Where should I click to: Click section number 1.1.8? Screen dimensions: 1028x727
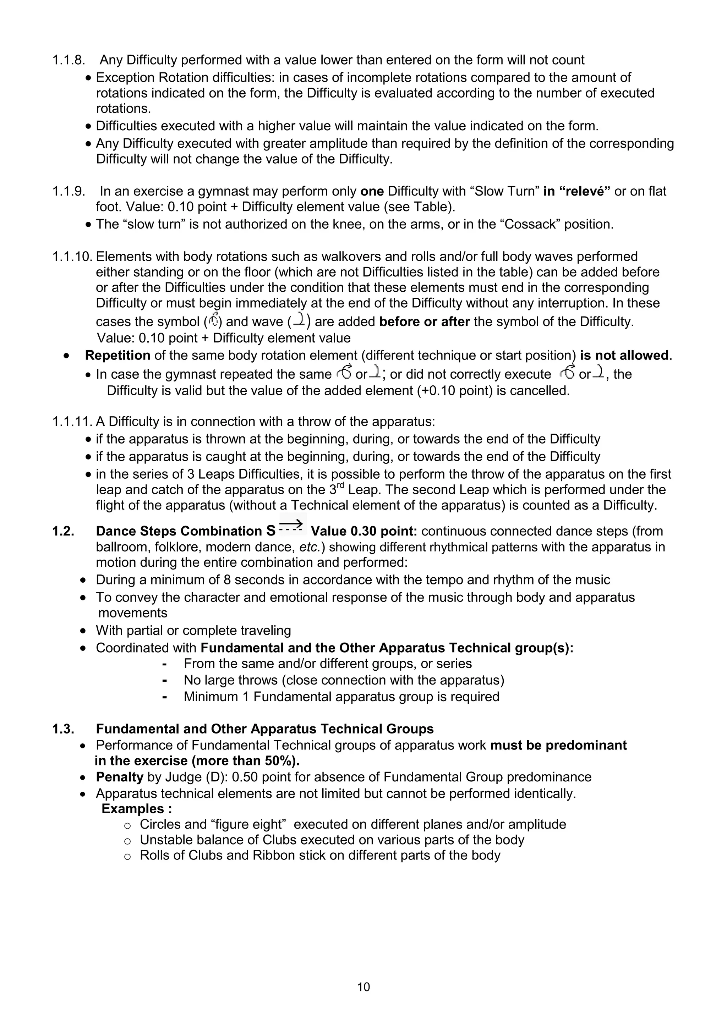[69, 60]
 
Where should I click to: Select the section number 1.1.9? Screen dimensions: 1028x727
[69, 191]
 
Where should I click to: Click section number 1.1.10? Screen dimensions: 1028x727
[72, 257]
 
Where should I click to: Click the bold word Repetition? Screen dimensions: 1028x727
[117, 356]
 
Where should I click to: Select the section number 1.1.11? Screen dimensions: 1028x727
[72, 422]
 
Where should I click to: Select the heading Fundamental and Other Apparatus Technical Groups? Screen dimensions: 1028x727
[264, 729]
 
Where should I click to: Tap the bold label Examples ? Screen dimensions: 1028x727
[137, 809]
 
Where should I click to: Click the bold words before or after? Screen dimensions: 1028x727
[424, 322]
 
